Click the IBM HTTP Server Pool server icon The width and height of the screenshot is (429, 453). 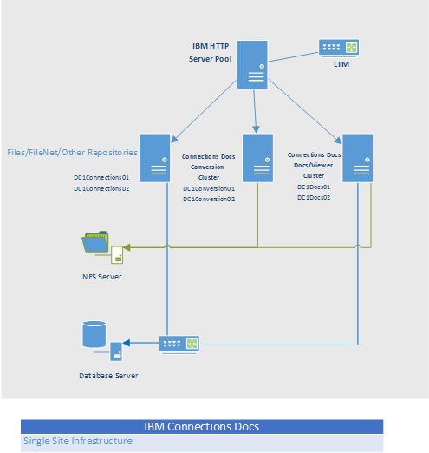coord(252,63)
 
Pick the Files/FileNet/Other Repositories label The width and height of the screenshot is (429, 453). coord(72,153)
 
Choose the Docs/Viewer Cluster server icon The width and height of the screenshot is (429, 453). coord(356,157)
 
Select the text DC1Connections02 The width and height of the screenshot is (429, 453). coord(101,187)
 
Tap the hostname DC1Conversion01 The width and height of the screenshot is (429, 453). coord(209,187)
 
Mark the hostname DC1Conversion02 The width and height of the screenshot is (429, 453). coord(209,199)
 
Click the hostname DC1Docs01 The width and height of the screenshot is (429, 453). coord(315,186)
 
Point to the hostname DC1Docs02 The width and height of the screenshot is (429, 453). coord(315,198)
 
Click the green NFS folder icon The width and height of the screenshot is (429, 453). coord(97,244)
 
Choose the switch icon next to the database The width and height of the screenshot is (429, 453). coord(180,344)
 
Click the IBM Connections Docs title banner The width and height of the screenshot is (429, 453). coord(201,426)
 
